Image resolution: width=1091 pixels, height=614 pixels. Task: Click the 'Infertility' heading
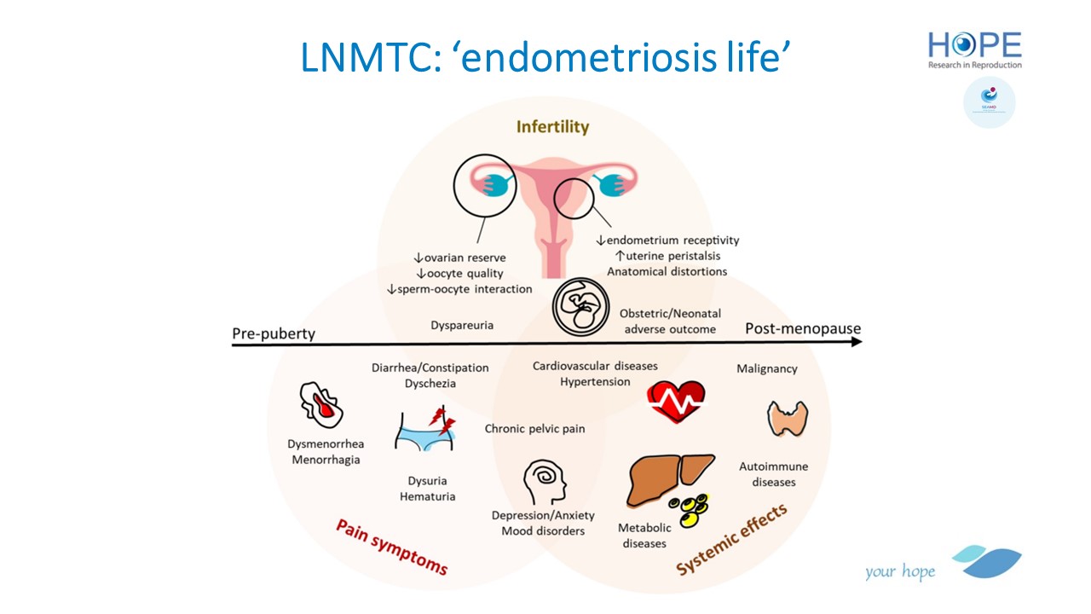click(x=552, y=127)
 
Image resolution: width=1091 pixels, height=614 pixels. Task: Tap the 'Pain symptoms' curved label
click(x=391, y=547)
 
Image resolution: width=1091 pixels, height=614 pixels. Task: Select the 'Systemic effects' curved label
click(x=730, y=540)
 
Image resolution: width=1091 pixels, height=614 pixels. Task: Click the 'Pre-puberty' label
click(x=274, y=333)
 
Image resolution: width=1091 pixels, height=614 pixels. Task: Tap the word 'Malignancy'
click(x=767, y=369)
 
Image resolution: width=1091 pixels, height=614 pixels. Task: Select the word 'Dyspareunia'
click(x=462, y=325)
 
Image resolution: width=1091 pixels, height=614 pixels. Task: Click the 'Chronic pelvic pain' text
click(x=534, y=428)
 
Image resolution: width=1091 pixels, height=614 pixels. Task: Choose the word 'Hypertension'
click(x=595, y=381)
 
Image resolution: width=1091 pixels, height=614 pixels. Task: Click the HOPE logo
click(x=975, y=49)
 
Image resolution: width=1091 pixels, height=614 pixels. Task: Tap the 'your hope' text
click(x=899, y=571)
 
